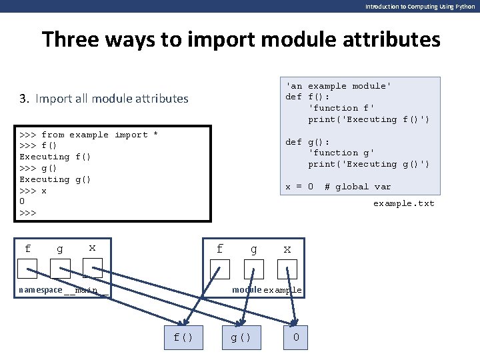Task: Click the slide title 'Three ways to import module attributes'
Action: click(x=241, y=39)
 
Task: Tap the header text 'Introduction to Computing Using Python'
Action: click(x=420, y=6)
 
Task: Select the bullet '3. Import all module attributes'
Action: click(x=104, y=99)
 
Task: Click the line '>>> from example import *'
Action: click(x=89, y=135)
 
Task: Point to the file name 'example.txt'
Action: click(x=403, y=203)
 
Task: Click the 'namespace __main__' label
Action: click(x=63, y=290)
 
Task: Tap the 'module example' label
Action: click(x=267, y=290)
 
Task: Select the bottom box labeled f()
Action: click(x=183, y=337)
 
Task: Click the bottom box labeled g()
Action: click(x=241, y=337)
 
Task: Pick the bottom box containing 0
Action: click(x=296, y=337)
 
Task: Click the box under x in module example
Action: click(x=287, y=269)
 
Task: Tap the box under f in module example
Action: click(x=220, y=269)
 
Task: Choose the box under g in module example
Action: click(x=254, y=269)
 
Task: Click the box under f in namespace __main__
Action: click(x=27, y=269)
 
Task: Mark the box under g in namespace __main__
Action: click(x=60, y=269)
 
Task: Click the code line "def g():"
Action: click(x=308, y=142)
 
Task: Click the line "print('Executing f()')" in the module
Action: click(x=369, y=119)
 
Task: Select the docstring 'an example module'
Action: click(x=339, y=86)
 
